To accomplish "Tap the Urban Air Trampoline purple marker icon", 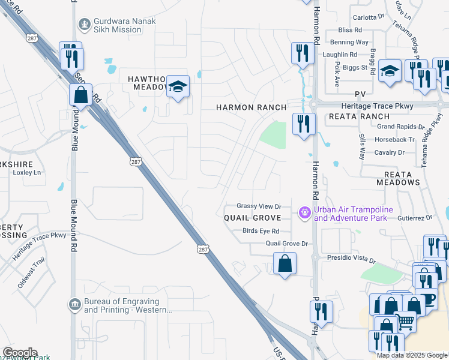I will [304, 212].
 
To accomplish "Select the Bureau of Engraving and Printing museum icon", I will [74, 305].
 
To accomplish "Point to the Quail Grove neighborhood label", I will [253, 217].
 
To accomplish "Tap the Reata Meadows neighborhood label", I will [397, 178].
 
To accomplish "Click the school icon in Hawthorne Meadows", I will [178, 88].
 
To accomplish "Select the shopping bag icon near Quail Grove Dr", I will [285, 263].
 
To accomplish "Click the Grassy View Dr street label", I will [259, 206].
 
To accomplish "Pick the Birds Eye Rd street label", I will [261, 231].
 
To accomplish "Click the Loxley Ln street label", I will [26, 172].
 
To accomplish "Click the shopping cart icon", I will [406, 322].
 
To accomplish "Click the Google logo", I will [20, 353].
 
